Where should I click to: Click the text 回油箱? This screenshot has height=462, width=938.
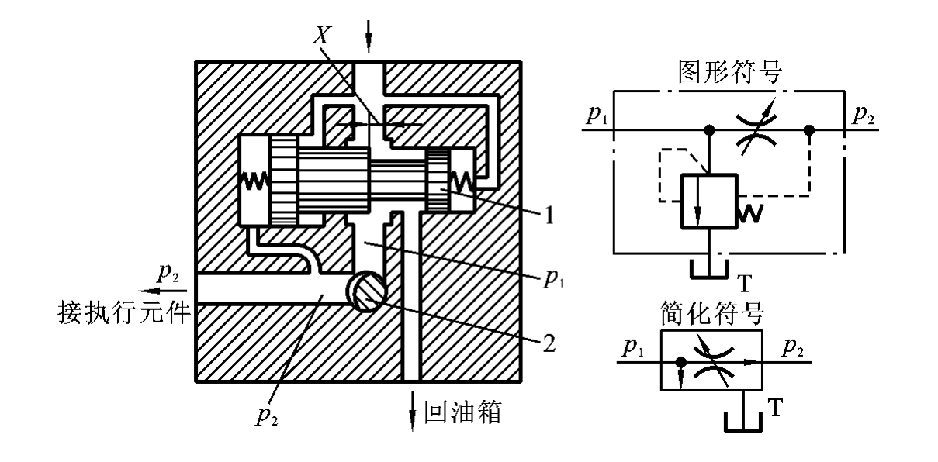[x=464, y=411]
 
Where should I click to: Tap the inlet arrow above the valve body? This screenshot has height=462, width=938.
[x=369, y=29]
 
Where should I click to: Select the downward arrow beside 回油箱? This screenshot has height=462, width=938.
[x=412, y=411]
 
